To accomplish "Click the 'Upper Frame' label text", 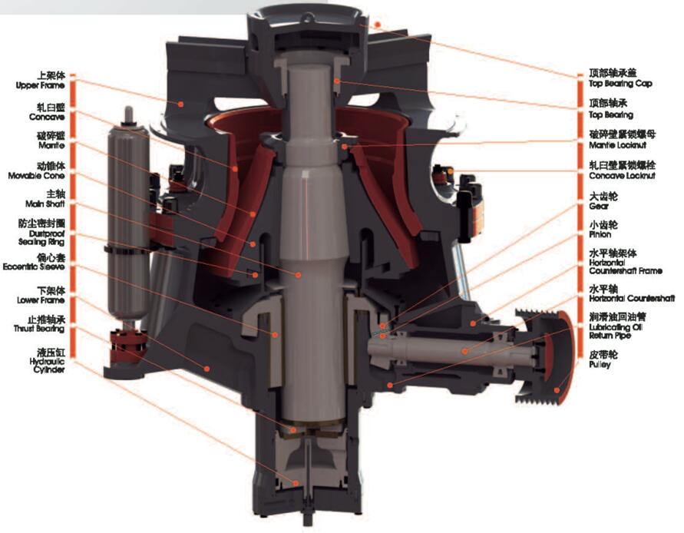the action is point(40,85).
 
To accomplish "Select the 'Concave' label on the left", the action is point(47,117).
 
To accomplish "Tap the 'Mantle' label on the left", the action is point(51,145).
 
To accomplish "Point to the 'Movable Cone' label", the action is point(36,176).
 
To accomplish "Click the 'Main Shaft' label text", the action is point(45,204).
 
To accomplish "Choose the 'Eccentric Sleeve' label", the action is point(34,266).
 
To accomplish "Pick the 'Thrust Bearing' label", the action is point(39,329).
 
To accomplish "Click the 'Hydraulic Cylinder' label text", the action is point(48,366).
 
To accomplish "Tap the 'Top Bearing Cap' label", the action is point(620,84).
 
